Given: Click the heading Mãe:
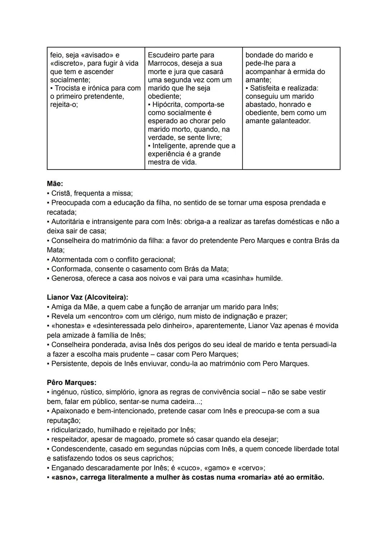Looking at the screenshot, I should [55, 184].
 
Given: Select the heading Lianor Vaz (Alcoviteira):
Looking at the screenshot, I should [87, 297].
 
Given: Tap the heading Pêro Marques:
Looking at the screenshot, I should [71, 382].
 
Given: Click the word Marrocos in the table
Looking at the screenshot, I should [162, 63].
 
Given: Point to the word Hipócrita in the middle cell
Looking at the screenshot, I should [168, 105].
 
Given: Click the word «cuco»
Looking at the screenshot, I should [189, 468].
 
